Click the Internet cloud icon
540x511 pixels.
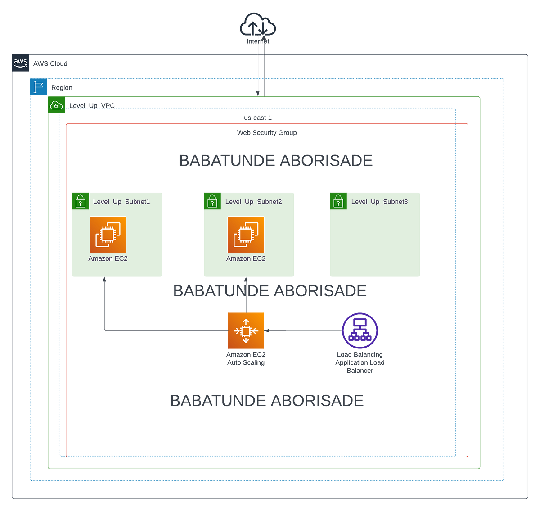(x=257, y=24)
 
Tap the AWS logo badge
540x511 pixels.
(x=20, y=63)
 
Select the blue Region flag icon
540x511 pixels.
(x=38, y=87)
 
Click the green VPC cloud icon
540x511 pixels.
(x=56, y=105)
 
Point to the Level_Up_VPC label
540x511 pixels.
(x=92, y=105)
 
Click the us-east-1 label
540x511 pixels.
(x=257, y=118)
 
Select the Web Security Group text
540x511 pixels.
(x=266, y=132)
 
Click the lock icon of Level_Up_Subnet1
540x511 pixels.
(x=80, y=201)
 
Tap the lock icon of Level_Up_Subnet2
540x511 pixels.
(x=212, y=201)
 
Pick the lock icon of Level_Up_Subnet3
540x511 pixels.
(x=338, y=201)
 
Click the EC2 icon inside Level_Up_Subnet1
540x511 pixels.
(x=108, y=235)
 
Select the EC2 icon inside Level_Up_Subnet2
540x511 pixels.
(x=246, y=235)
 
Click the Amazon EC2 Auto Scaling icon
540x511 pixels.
(x=246, y=330)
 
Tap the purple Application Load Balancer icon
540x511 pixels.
(x=360, y=330)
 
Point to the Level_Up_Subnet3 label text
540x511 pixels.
(x=379, y=202)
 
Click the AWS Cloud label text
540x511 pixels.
(x=50, y=63)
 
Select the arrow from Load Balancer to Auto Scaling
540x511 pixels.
(x=303, y=330)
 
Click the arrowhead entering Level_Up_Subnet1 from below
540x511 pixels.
(x=104, y=279)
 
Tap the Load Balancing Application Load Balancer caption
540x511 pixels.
(x=360, y=362)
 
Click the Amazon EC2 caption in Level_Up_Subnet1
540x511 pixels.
(x=108, y=258)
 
